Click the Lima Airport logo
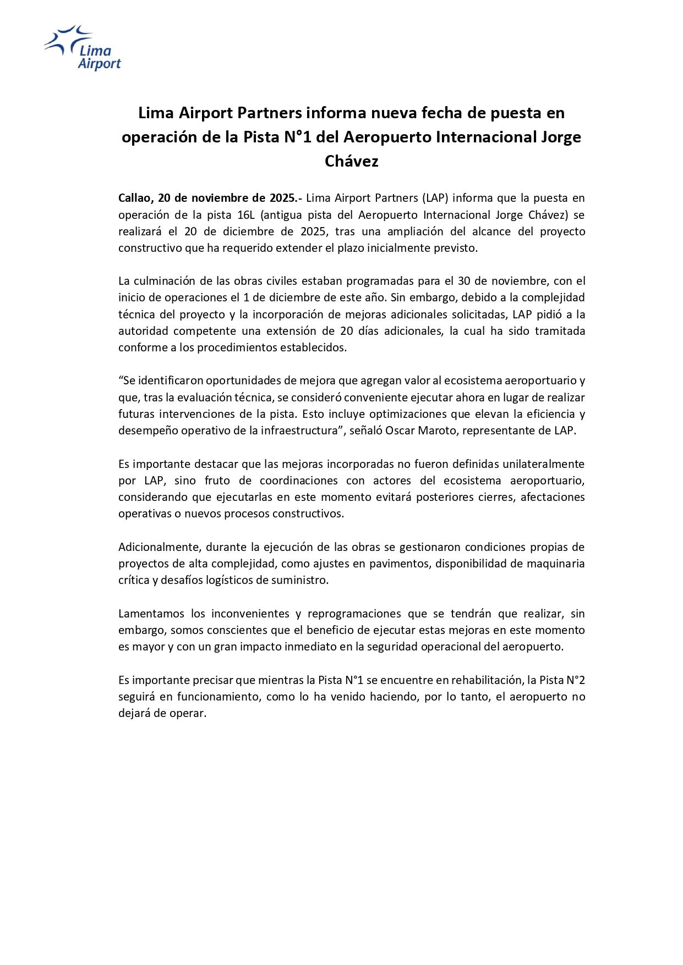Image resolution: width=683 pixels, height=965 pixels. coord(83,48)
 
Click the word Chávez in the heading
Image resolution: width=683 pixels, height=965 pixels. coord(351,161)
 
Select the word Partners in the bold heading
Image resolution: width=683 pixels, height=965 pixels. coord(270,113)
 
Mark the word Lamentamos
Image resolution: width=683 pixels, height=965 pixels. coord(150,614)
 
